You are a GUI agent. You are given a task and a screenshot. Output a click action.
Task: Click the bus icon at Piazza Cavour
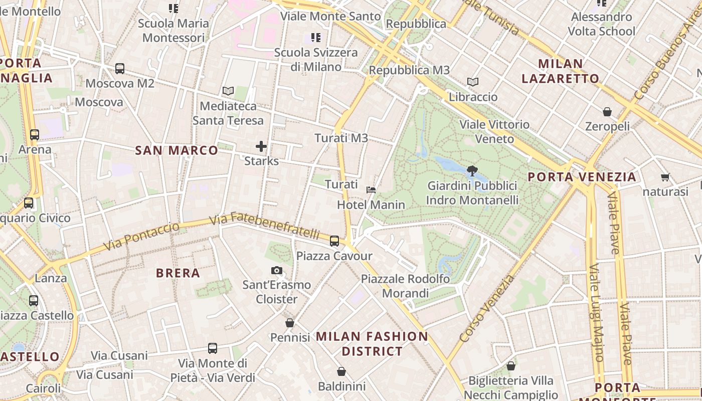click(x=334, y=241)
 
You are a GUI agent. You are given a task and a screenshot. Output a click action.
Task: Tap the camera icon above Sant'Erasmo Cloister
click(x=276, y=271)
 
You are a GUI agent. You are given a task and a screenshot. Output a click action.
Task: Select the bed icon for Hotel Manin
click(x=371, y=190)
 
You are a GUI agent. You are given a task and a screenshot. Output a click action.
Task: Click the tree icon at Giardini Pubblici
click(x=471, y=171)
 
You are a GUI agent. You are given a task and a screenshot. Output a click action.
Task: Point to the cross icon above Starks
click(x=261, y=146)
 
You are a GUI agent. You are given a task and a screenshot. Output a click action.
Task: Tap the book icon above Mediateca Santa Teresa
click(x=228, y=91)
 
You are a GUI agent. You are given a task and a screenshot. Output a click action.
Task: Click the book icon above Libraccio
click(x=472, y=82)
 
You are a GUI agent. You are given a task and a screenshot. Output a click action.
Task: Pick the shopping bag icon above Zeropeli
click(x=607, y=112)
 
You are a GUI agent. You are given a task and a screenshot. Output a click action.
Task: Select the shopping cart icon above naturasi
click(x=665, y=177)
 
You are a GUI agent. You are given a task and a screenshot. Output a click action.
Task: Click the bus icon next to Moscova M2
click(x=120, y=69)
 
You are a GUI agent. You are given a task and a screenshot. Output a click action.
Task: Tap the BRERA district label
click(x=178, y=273)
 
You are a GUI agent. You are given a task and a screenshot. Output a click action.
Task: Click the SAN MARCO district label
click(x=177, y=150)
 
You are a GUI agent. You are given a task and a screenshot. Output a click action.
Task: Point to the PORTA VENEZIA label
click(x=582, y=177)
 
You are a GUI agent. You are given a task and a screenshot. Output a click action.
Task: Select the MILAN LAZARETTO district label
click(x=561, y=71)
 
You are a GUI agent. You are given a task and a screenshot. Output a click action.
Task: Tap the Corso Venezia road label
click(x=487, y=308)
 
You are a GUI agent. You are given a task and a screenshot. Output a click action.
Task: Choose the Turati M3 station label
click(x=341, y=138)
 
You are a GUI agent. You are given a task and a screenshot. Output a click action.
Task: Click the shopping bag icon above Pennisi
click(x=290, y=323)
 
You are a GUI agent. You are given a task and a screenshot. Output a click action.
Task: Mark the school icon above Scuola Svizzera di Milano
click(x=315, y=38)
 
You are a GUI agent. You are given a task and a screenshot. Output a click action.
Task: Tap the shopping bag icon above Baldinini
click(x=341, y=371)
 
